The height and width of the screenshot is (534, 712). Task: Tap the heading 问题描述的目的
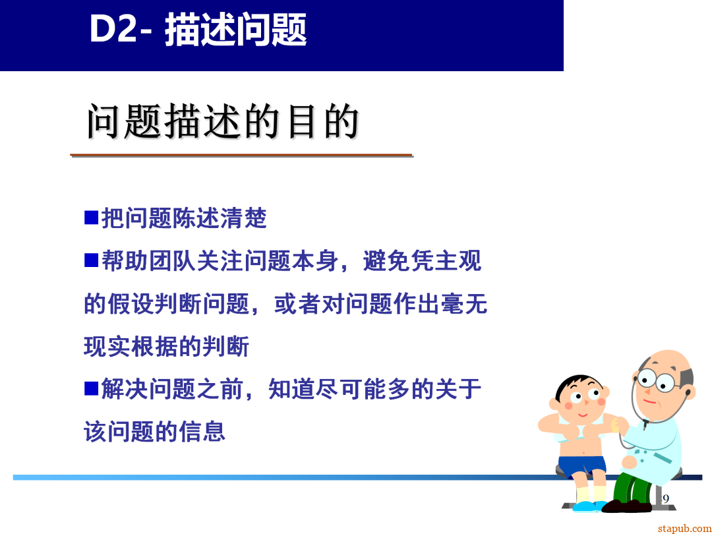223,122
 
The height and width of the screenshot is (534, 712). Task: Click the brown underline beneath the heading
241,156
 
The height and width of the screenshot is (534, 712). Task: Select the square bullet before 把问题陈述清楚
91,217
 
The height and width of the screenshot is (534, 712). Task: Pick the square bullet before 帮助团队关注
91,260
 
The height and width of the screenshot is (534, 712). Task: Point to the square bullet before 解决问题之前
91,388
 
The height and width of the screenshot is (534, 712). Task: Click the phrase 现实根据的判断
166,347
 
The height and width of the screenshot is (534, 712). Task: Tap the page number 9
665,498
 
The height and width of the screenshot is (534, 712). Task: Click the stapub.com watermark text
684,528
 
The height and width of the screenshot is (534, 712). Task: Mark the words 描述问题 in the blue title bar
235,30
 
